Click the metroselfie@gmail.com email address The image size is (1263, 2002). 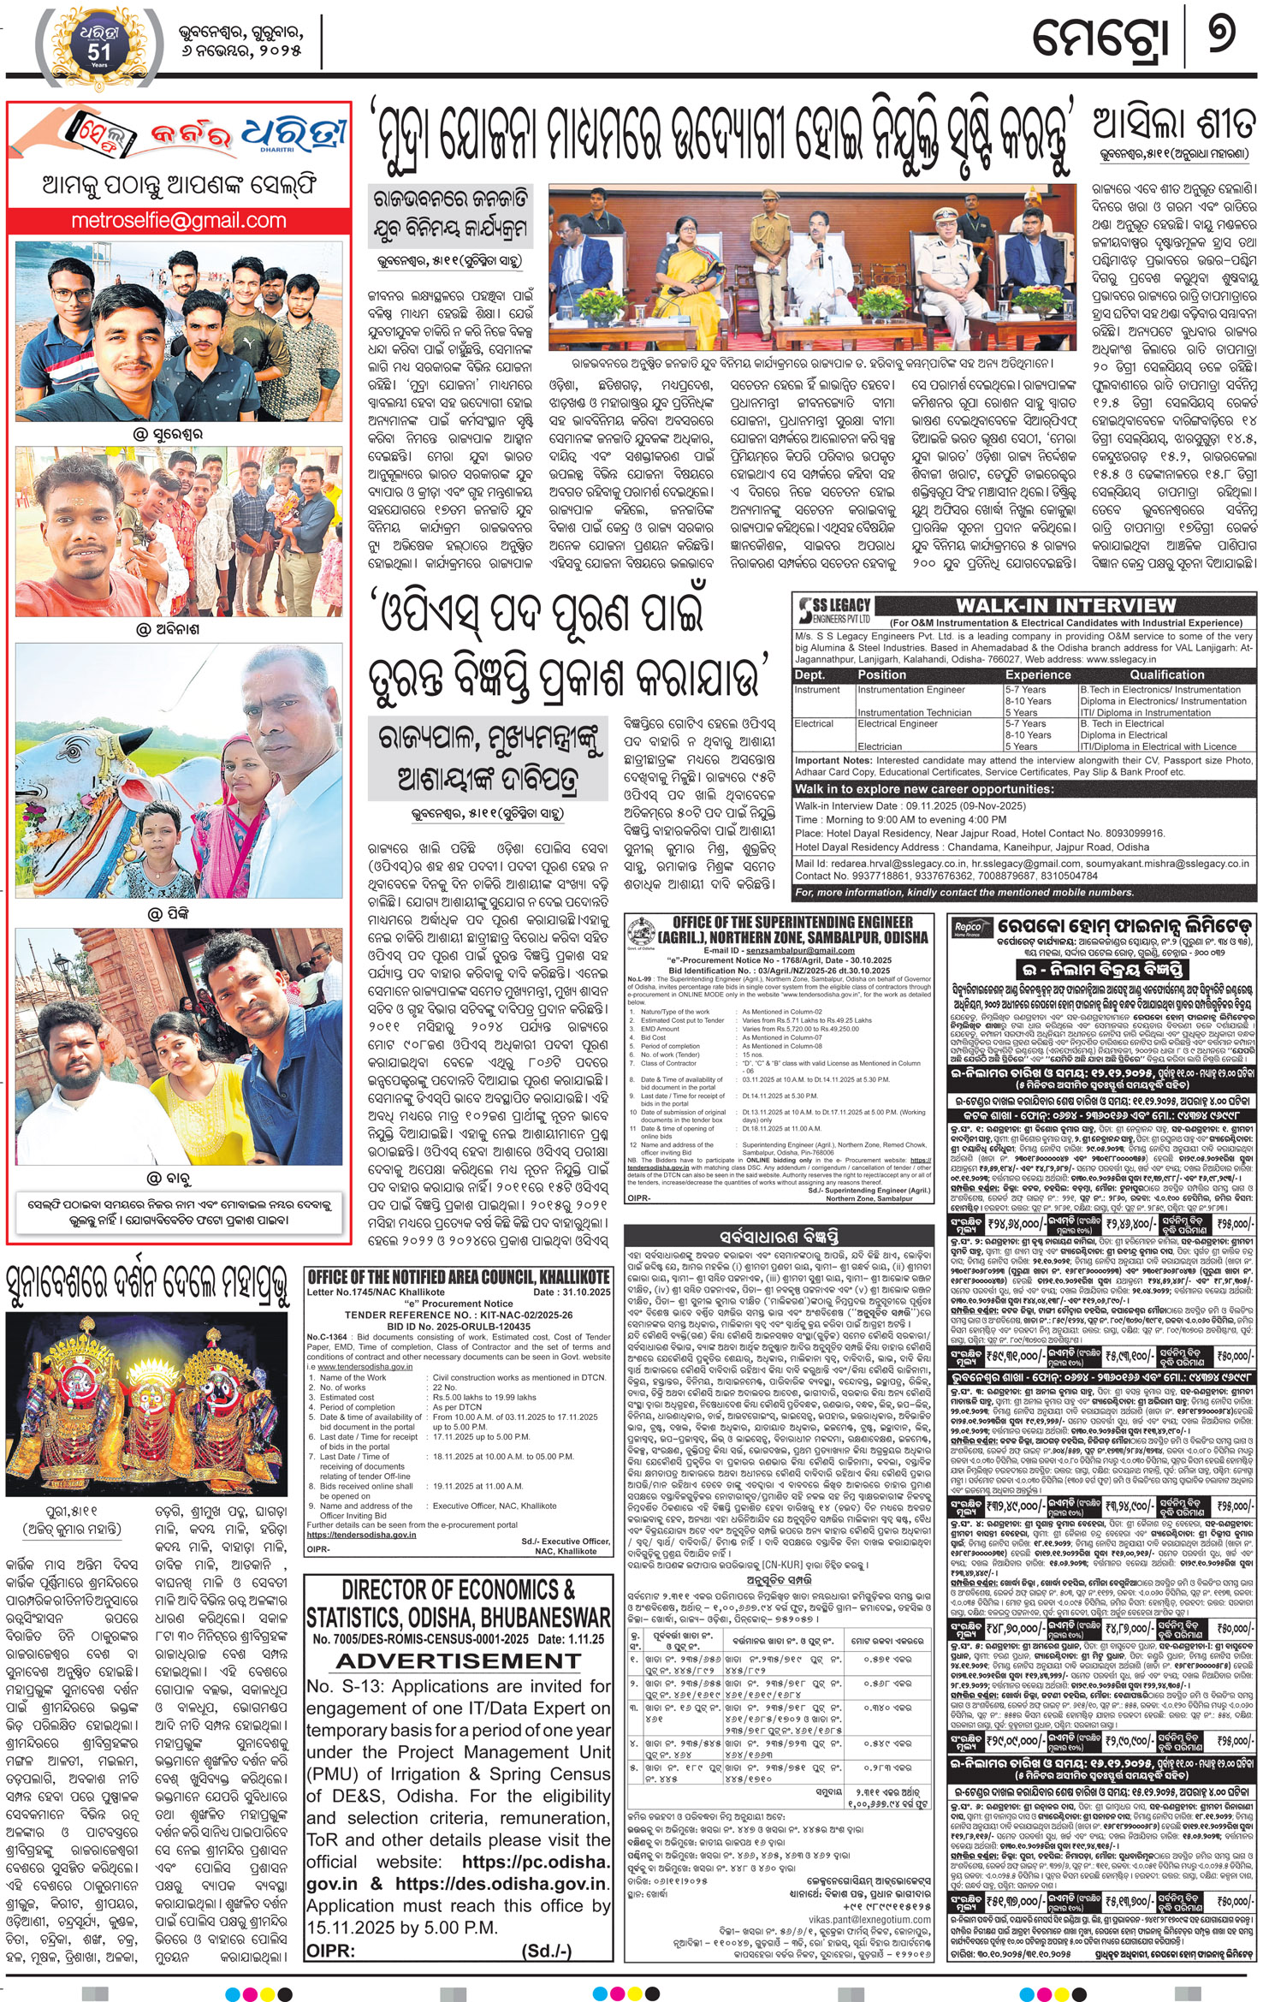tap(178, 220)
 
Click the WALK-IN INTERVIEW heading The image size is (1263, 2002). tap(1065, 605)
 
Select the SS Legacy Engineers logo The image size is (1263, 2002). tap(835, 609)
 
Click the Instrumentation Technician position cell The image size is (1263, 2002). tap(914, 712)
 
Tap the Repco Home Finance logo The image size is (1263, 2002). tap(968, 928)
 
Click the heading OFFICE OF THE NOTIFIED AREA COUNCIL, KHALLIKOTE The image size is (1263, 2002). tap(459, 1277)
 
